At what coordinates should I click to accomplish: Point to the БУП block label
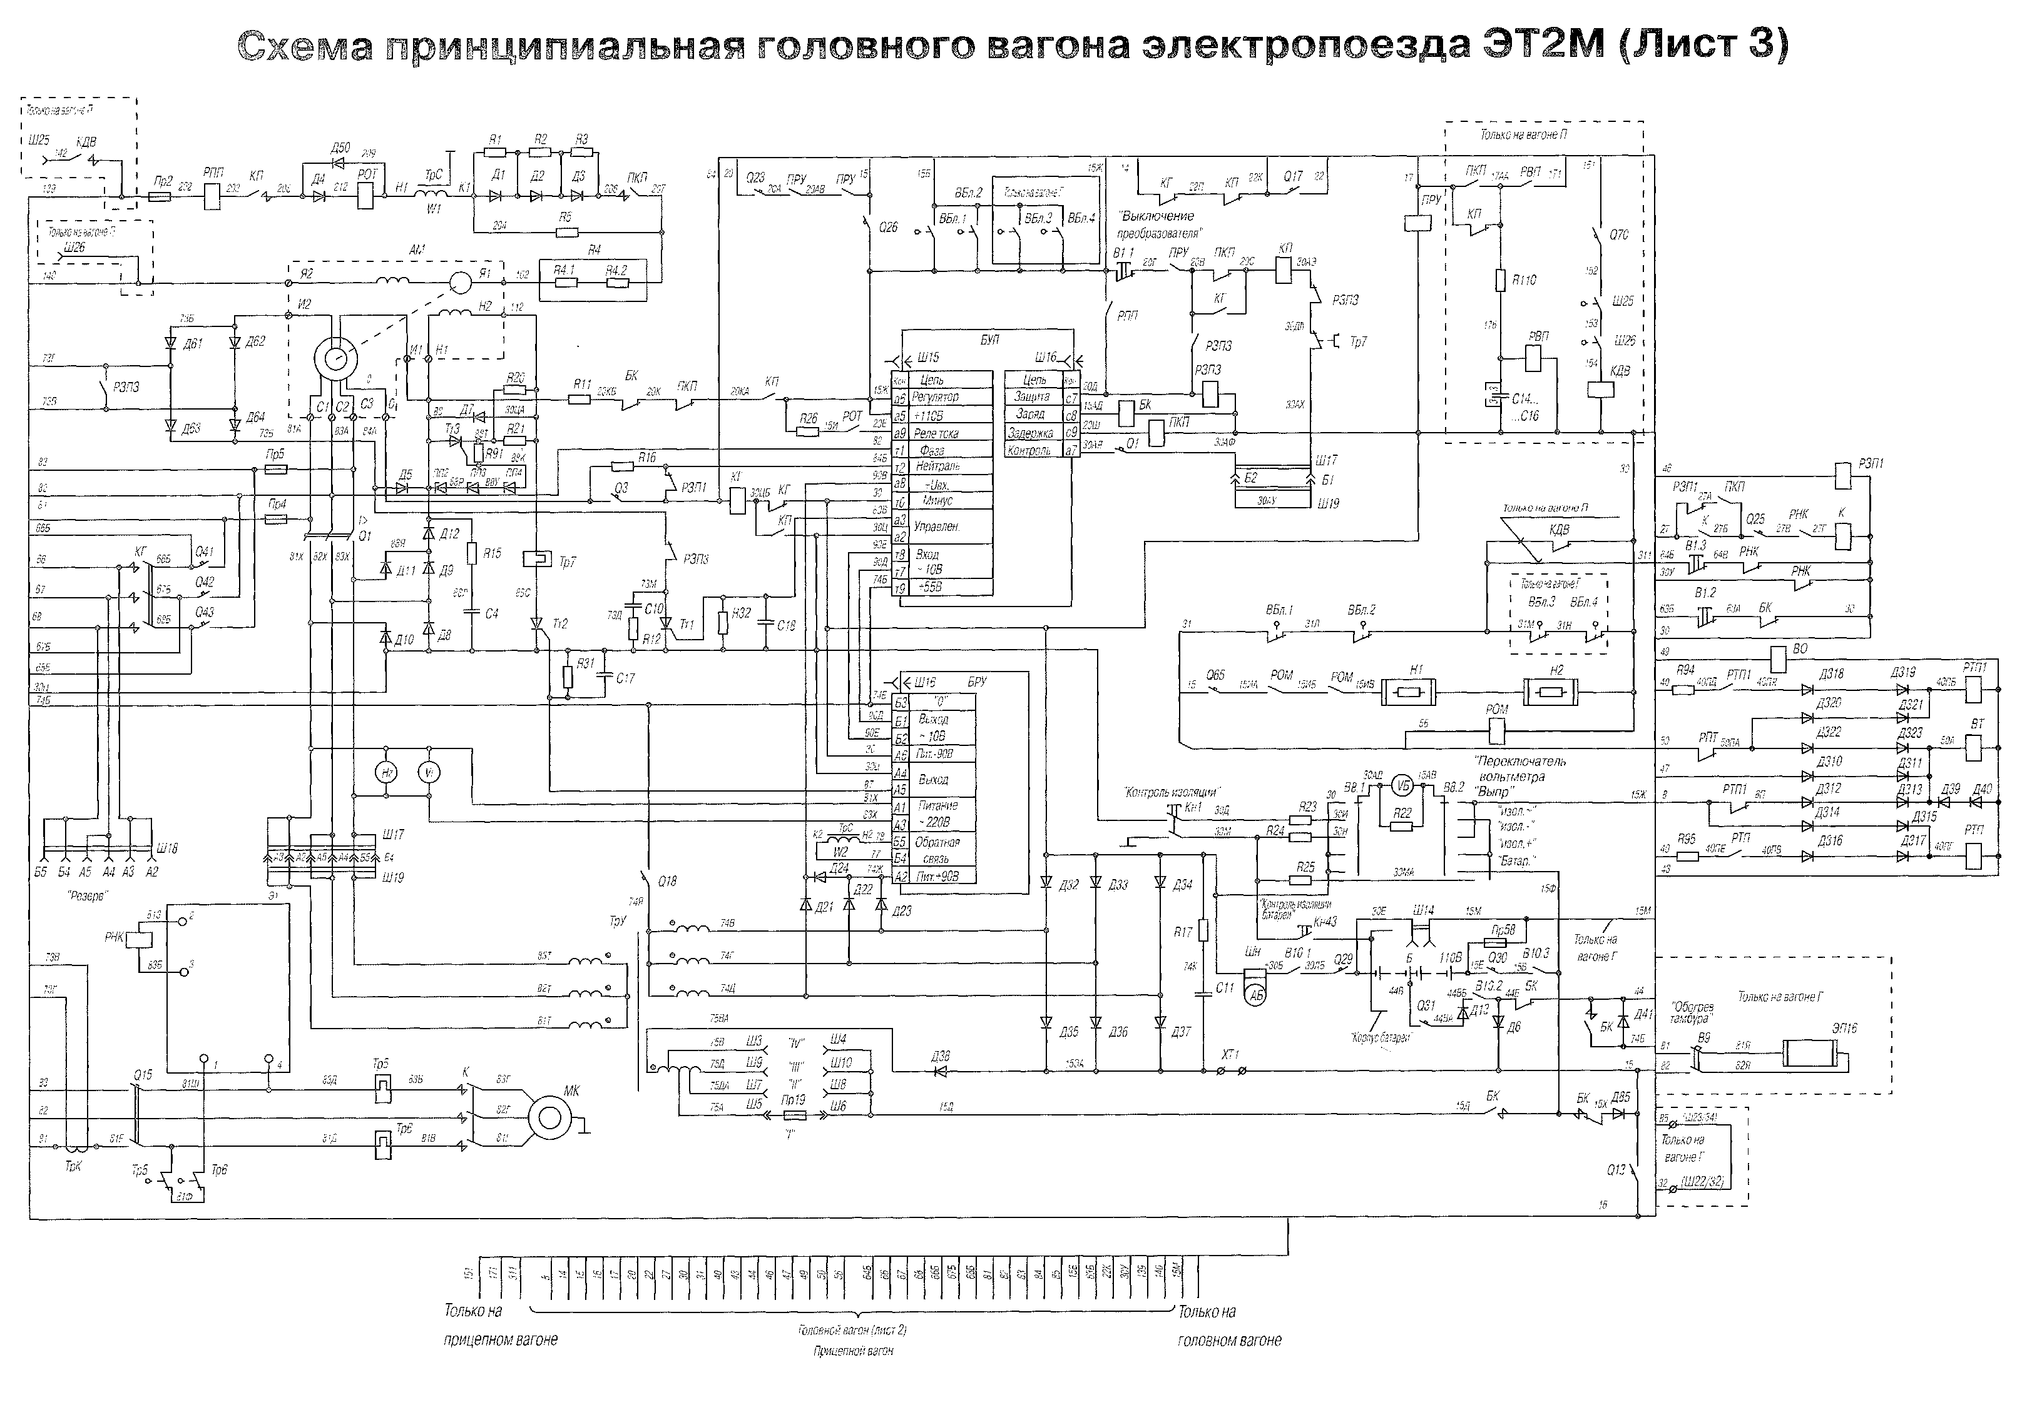[x=989, y=340]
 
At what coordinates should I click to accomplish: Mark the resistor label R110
[x=1524, y=279]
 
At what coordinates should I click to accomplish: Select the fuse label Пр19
[x=794, y=1100]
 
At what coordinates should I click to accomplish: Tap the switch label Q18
[x=667, y=880]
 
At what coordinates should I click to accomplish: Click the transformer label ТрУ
[x=617, y=921]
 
